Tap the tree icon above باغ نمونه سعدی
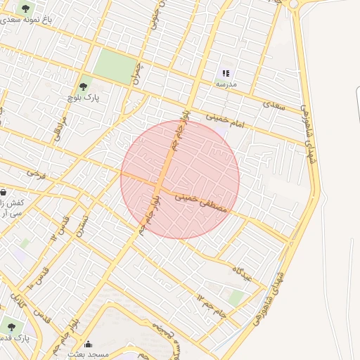pyautogui.click(x=26, y=8)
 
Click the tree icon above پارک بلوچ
pyautogui.click(x=84, y=86)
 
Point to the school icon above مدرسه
pyautogui.click(x=226, y=72)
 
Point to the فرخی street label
pyautogui.click(x=36, y=172)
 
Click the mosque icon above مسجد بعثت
pyautogui.click(x=89, y=344)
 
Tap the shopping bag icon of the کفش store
pyautogui.click(x=4, y=192)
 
